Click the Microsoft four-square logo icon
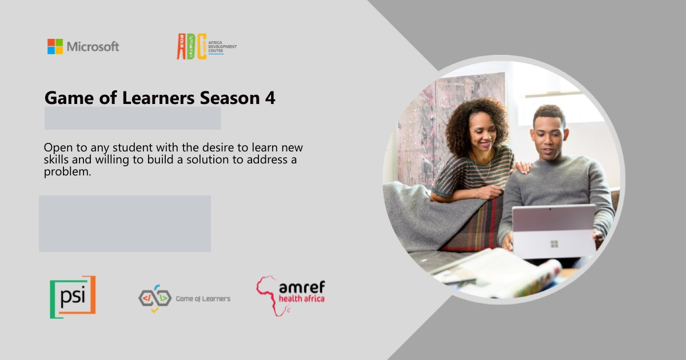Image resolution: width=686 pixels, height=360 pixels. pos(55,46)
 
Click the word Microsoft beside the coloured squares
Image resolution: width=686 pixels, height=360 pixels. pos(93,46)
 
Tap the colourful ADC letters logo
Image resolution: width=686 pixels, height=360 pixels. pos(192,46)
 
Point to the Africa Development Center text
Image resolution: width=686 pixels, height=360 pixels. pos(222,47)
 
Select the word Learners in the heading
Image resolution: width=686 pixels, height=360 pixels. pos(158,98)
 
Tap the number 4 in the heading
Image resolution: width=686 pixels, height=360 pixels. pos(270,98)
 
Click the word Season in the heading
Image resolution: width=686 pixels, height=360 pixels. pos(230,98)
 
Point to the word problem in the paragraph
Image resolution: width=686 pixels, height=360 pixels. pos(67,172)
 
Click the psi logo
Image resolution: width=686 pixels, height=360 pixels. pos(73,297)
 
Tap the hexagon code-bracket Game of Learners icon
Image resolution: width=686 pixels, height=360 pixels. pos(155,298)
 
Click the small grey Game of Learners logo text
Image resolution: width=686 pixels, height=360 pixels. pos(203,299)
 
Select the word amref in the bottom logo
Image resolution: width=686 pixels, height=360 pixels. pos(302,287)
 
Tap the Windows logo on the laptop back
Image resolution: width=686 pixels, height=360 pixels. pos(555,244)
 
